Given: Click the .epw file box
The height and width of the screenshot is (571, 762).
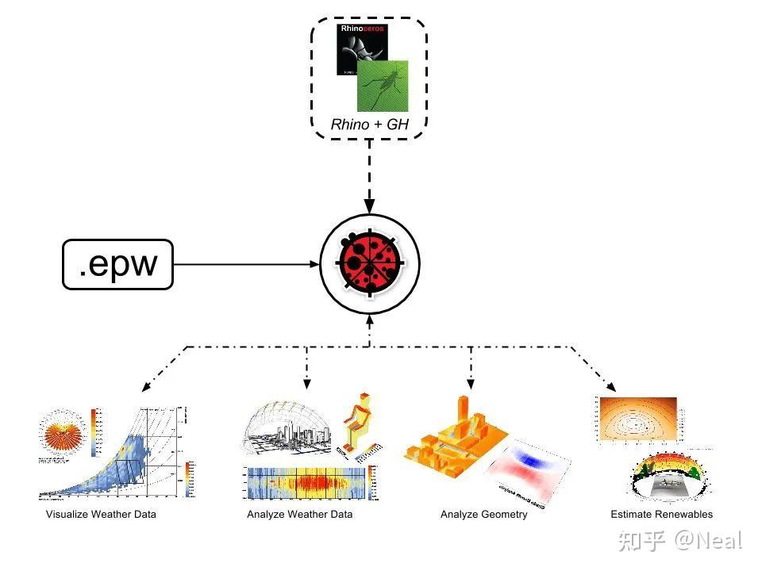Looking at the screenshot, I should click(x=117, y=264).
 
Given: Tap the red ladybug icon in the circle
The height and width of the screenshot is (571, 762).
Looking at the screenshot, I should click(x=369, y=263).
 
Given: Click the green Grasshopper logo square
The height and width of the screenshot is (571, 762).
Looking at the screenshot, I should click(x=384, y=86).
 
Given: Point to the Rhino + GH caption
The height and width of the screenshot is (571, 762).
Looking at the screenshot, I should click(x=369, y=125).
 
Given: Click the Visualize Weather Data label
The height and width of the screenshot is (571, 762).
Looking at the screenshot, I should click(x=101, y=514).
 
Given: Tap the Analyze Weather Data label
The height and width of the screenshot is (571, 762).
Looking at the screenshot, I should click(x=299, y=514).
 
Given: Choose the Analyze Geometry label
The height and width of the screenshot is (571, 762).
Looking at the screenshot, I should click(x=483, y=514).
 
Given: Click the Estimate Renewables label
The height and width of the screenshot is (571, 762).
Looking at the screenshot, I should click(x=661, y=514).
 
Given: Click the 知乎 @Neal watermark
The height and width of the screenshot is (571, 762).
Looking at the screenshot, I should click(x=680, y=541).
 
